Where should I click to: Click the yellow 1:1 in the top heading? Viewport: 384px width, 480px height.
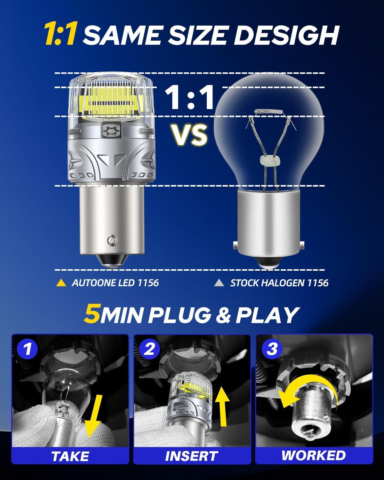[x=61, y=34]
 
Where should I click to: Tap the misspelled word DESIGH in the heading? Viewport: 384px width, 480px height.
[x=286, y=35]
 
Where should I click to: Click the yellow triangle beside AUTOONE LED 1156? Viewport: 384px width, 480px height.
[x=61, y=283]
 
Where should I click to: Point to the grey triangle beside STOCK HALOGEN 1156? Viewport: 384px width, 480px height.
[x=219, y=283]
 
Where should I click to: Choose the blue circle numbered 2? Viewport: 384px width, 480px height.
[x=149, y=349]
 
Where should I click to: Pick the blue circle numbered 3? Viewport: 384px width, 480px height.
[x=272, y=349]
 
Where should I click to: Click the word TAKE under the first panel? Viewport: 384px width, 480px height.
[x=70, y=456]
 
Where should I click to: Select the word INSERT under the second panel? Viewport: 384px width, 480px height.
[x=191, y=456]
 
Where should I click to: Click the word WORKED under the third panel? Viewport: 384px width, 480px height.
[x=314, y=455]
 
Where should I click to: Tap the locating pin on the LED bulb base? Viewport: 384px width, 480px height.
[x=112, y=240]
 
